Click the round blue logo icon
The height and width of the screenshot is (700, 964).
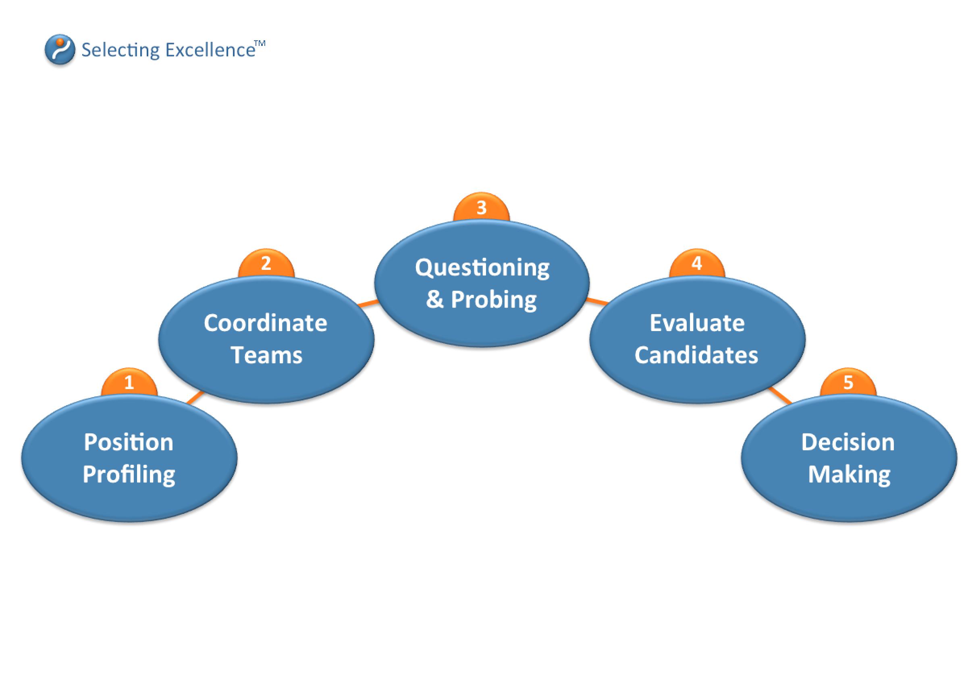tap(60, 50)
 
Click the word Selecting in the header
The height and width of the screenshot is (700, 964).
tap(120, 50)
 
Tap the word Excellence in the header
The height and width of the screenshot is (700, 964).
tap(210, 50)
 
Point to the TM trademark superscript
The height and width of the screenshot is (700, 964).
tap(260, 43)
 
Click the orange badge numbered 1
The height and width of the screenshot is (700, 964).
tap(129, 382)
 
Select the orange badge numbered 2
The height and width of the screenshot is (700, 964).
tap(266, 263)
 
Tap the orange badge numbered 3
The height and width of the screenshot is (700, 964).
tap(481, 207)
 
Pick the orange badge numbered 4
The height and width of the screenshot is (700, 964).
tap(697, 263)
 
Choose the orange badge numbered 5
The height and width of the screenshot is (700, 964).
tap(848, 382)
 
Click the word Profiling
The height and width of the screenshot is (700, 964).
tap(129, 475)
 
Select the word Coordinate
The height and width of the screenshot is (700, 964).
tap(266, 323)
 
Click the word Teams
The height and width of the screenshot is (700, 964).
tap(266, 355)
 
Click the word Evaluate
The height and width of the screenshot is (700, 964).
tap(697, 323)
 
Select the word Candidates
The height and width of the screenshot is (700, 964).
tap(696, 355)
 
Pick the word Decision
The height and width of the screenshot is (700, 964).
tap(848, 442)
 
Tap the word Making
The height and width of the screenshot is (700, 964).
tap(849, 475)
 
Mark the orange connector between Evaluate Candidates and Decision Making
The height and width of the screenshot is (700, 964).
tap(780, 396)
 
